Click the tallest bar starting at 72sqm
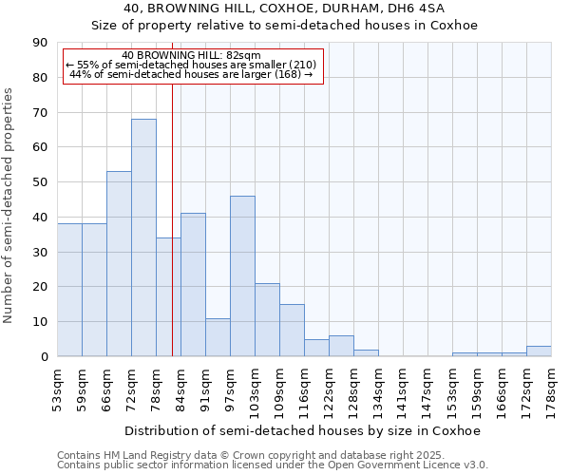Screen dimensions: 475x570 tap(143, 237)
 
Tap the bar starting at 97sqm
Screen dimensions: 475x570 tap(242, 275)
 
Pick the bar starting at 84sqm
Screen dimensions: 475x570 tap(193, 285)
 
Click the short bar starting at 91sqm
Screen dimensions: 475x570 tap(218, 337)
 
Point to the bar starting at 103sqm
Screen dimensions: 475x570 tap(267, 319)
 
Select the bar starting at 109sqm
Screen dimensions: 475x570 tap(292, 330)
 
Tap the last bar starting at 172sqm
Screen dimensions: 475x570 tap(539, 351)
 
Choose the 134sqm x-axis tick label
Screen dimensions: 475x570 tap(379, 389)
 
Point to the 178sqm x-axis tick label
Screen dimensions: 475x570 tap(552, 389)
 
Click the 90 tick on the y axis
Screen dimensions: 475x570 tap(40, 43)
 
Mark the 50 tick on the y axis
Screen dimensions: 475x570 tap(40, 182)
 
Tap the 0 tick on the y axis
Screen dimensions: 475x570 tap(44, 357)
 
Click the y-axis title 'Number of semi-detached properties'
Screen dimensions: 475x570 tap(9, 205)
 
